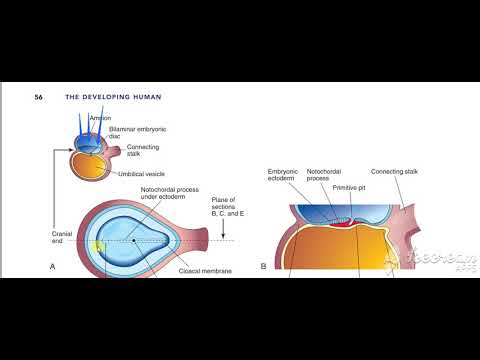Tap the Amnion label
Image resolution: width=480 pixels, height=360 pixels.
coord(100,118)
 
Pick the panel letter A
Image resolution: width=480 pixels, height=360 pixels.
coord(52,267)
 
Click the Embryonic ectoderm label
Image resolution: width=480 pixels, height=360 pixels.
coord(283,176)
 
